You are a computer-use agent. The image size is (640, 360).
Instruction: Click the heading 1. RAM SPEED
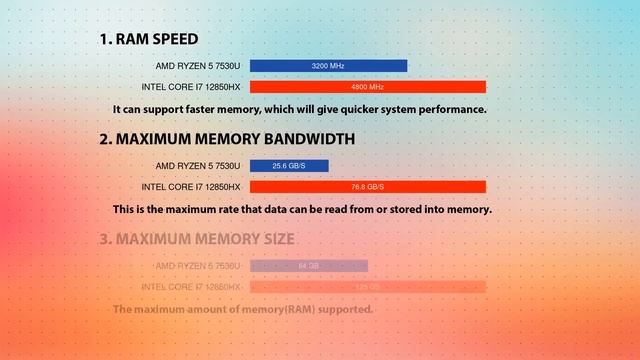148,40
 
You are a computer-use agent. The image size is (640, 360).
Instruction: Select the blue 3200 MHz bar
328,66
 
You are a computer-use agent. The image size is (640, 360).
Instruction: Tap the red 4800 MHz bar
367,87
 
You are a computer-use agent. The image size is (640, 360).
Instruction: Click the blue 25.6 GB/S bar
289,166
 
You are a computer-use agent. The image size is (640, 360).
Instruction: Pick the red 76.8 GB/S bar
367,187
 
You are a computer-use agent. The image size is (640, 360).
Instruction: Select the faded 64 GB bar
308,266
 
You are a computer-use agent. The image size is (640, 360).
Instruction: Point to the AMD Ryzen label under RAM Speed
198,66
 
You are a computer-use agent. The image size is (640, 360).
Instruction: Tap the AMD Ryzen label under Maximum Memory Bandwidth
198,166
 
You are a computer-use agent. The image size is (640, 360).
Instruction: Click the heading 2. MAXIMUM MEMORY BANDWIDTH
226,140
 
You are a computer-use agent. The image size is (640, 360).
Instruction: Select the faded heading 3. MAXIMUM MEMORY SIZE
196,240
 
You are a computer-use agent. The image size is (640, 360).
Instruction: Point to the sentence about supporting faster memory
299,109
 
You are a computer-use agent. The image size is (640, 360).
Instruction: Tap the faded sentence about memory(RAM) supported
243,310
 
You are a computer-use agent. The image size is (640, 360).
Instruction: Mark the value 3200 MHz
328,66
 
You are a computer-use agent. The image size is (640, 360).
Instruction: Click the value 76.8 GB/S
367,187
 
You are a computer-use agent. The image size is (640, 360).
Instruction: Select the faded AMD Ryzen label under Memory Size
198,266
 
